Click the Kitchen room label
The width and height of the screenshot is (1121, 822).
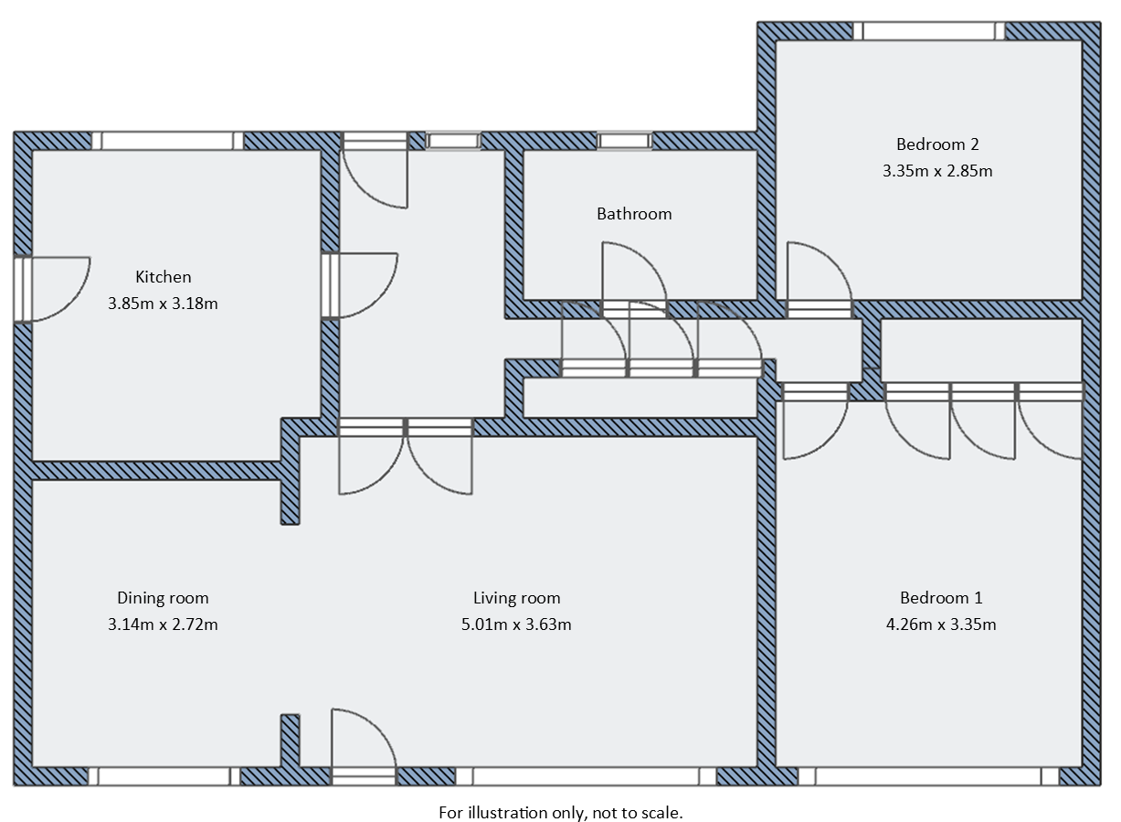[163, 277]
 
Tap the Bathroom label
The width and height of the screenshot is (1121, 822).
[634, 214]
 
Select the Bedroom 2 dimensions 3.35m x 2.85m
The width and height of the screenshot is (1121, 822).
[937, 171]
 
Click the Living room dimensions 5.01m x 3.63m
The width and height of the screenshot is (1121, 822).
[516, 625]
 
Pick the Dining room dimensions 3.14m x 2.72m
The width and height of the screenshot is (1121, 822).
[163, 625]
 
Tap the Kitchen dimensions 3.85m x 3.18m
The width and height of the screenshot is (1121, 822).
[163, 304]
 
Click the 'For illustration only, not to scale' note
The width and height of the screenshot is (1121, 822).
[561, 812]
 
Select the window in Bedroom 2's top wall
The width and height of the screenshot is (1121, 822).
[929, 31]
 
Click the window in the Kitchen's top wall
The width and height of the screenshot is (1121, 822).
[167, 141]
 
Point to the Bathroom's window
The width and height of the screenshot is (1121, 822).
[626, 141]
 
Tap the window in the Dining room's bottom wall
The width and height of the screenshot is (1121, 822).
[164, 776]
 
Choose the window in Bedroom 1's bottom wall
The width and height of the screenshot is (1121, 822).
[928, 776]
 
